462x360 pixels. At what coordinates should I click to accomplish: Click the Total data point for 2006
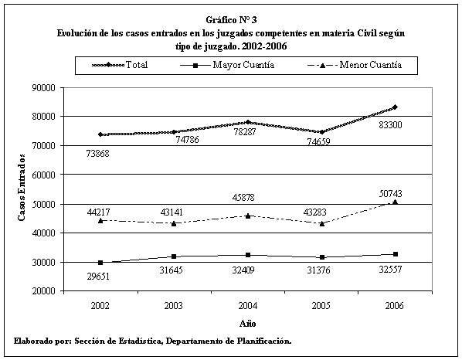pyautogui.click(x=395, y=107)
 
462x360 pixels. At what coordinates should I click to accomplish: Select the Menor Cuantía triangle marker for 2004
pyautogui.click(x=248, y=216)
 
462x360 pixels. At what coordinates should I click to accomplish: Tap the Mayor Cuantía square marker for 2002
pyautogui.click(x=100, y=263)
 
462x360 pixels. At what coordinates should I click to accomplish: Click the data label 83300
pyautogui.click(x=390, y=125)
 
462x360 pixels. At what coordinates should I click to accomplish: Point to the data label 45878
pyautogui.click(x=243, y=197)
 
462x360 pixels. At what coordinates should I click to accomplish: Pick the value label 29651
pyautogui.click(x=98, y=277)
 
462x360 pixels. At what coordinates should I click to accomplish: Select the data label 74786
pyautogui.click(x=188, y=139)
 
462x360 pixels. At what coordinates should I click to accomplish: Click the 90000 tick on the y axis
pyautogui.click(x=43, y=88)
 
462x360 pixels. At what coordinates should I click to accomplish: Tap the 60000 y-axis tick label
pyautogui.click(x=43, y=175)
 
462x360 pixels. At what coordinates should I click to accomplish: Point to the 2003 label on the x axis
pyautogui.click(x=174, y=305)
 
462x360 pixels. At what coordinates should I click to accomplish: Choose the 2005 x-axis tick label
pyautogui.click(x=321, y=305)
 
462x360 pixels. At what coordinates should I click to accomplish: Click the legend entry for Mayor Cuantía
pyautogui.click(x=227, y=65)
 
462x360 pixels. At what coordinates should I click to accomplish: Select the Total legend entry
pyautogui.click(x=120, y=65)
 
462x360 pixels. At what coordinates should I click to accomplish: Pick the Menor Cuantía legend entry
pyautogui.click(x=355, y=65)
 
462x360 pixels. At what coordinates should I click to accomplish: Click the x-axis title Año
pyautogui.click(x=248, y=324)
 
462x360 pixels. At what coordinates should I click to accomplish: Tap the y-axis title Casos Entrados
pyautogui.click(x=21, y=187)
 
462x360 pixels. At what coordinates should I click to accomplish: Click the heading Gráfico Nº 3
pyautogui.click(x=231, y=20)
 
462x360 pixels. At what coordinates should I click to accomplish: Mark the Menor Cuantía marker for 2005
pyautogui.click(x=321, y=223)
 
